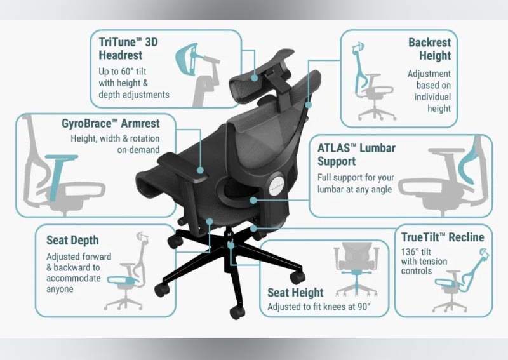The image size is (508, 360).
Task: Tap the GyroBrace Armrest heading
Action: click(110, 123)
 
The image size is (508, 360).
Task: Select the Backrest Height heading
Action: click(429, 50)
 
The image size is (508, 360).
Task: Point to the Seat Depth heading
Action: click(72, 240)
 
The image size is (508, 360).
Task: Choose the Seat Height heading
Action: click(295, 293)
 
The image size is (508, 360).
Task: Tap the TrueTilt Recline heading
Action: click(442, 237)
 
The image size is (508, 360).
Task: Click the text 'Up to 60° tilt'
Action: click(125, 71)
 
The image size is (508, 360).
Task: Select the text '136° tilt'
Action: click(419, 251)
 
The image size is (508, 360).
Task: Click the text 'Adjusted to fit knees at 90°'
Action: click(319, 307)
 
